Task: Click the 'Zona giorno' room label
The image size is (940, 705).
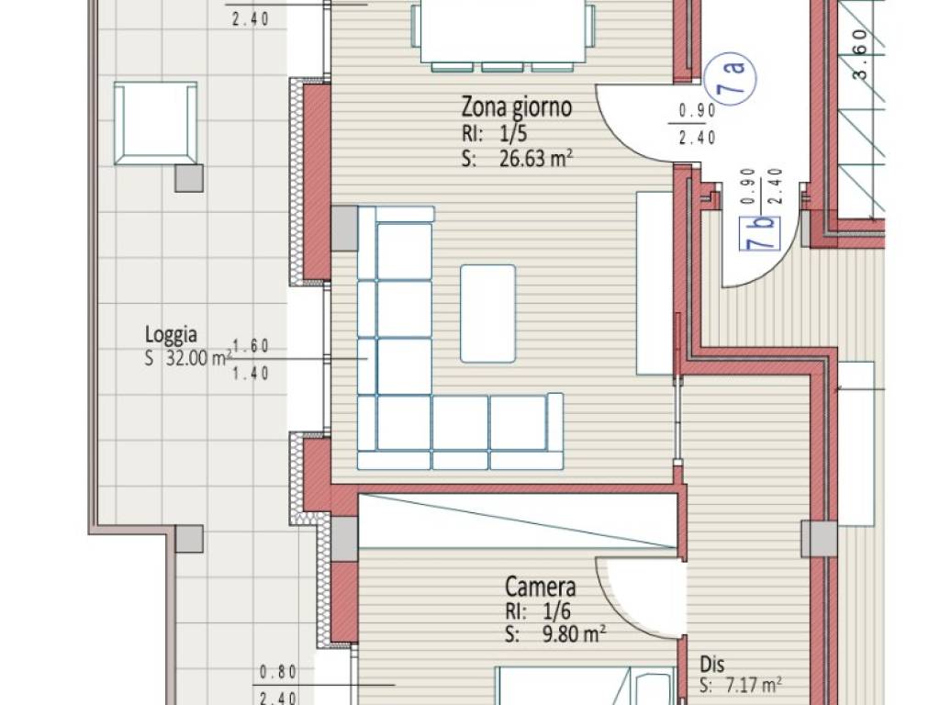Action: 516,107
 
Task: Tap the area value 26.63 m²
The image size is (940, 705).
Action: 536,159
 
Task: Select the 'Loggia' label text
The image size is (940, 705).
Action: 171,334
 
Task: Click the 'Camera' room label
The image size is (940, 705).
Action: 540,587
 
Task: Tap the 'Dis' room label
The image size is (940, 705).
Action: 712,665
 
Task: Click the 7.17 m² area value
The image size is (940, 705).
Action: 754,685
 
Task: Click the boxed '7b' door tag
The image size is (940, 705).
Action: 760,233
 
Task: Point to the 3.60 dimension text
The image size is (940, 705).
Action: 859,55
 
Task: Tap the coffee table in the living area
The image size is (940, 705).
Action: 487,314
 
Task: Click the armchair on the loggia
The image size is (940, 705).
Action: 155,123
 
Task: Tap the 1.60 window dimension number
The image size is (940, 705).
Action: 251,346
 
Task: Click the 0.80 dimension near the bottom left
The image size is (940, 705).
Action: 278,672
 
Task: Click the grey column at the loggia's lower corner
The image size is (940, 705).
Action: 189,539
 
